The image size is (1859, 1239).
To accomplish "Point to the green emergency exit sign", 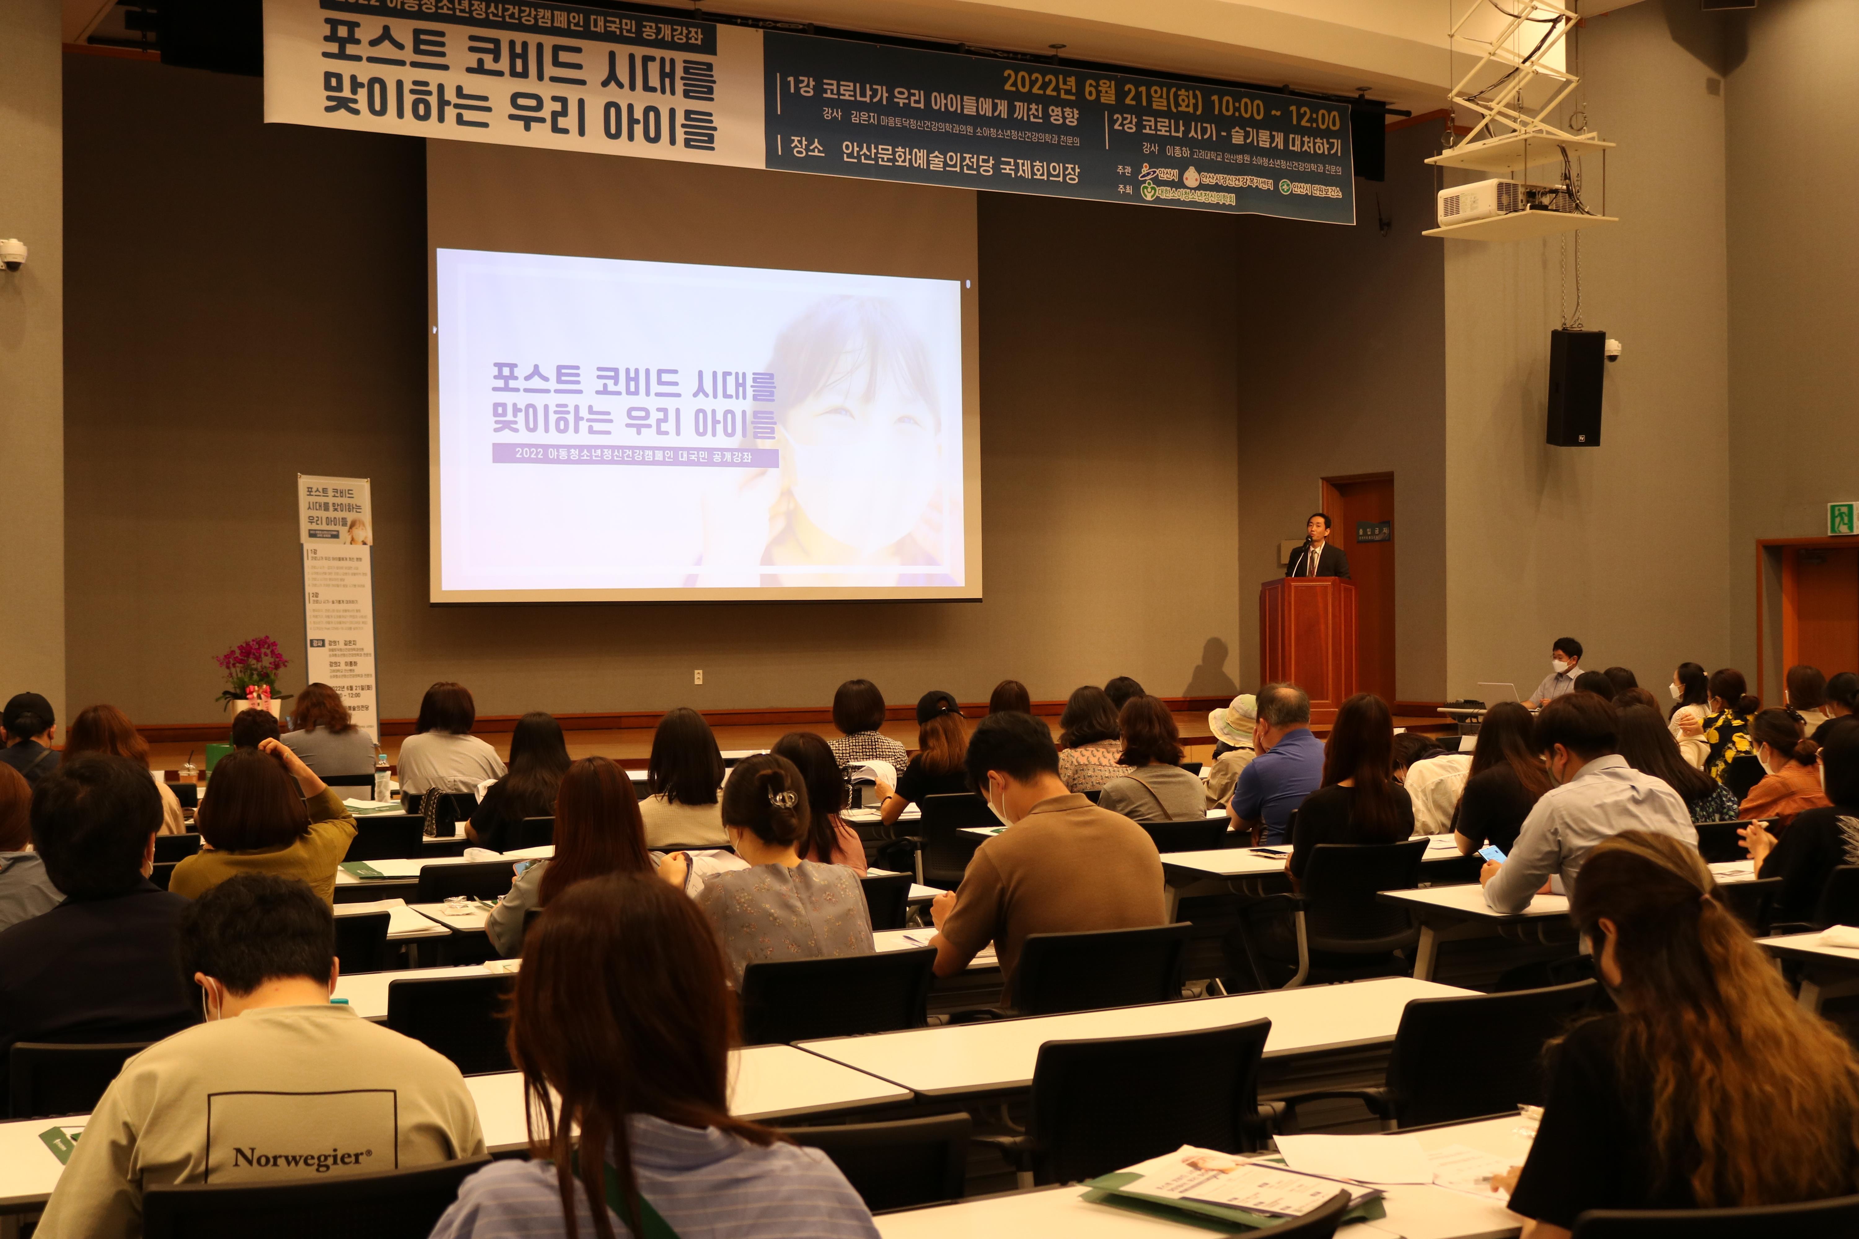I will tap(1842, 518).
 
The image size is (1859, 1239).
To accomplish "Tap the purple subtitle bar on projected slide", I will tap(635, 455).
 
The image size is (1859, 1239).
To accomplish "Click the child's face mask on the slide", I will tap(862, 490).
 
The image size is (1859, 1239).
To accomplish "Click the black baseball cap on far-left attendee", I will tap(29, 711).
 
